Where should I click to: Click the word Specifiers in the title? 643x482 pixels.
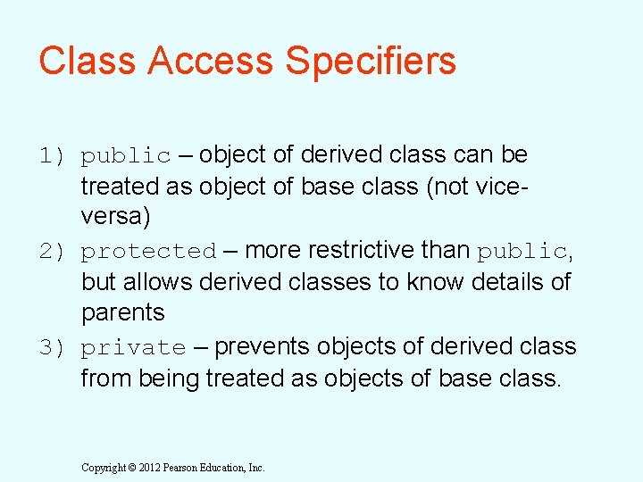point(371,62)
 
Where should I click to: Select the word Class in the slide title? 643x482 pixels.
point(87,62)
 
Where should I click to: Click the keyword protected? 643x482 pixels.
point(148,253)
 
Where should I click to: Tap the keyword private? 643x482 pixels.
point(133,348)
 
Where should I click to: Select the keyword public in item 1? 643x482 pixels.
point(125,156)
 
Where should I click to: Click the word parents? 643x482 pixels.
point(123,313)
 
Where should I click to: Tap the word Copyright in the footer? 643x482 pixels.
point(103,468)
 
